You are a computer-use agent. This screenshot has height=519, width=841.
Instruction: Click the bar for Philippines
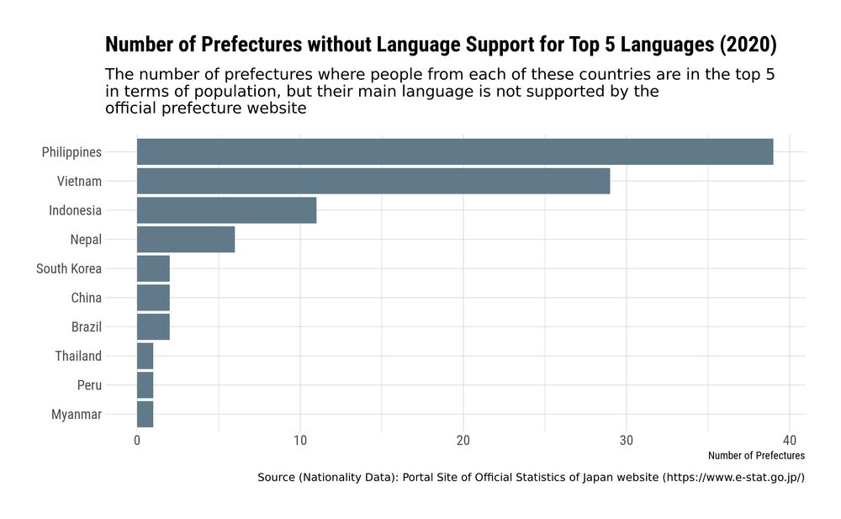click(x=454, y=152)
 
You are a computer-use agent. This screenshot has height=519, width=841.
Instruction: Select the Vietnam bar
click(x=373, y=181)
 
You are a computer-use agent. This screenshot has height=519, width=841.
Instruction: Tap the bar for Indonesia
click(x=226, y=210)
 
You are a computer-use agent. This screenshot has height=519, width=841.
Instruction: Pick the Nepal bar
click(x=185, y=240)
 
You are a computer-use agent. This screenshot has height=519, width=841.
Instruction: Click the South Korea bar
click(x=153, y=268)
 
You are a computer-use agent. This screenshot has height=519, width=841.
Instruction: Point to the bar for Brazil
click(x=153, y=326)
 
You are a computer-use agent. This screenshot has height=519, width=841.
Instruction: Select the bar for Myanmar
click(x=145, y=414)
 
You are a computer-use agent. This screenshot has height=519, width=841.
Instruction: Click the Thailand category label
click(x=78, y=356)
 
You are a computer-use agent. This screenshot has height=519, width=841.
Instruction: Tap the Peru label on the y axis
click(x=89, y=385)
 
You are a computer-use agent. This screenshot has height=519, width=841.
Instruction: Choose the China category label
click(x=86, y=298)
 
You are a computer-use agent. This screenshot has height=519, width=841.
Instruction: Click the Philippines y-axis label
click(x=71, y=152)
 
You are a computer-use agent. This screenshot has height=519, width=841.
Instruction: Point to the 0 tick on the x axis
click(x=137, y=440)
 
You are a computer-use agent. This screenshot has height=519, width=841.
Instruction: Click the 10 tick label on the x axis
click(x=300, y=440)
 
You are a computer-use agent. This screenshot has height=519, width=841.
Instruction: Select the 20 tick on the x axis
click(x=463, y=440)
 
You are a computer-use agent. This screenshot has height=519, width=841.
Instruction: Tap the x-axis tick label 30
click(x=626, y=440)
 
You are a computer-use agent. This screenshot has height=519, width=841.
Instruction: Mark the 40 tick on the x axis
click(x=789, y=440)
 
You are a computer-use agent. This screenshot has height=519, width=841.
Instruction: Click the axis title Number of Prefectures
click(x=756, y=456)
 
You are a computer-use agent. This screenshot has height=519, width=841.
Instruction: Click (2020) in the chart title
click(x=748, y=44)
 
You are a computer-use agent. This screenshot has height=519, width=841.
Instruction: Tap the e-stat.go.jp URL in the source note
click(x=733, y=478)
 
